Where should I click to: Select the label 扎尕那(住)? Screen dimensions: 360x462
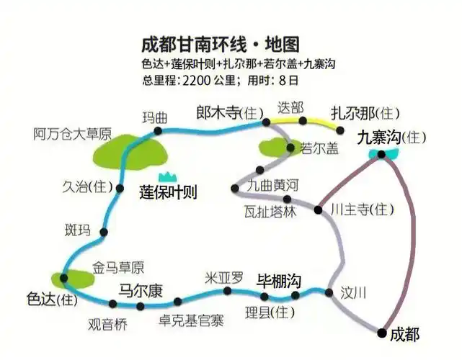point(365,113)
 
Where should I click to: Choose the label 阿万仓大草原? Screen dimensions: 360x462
point(73,133)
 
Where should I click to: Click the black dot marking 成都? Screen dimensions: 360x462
point(382,332)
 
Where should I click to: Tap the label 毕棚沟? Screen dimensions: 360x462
point(278,281)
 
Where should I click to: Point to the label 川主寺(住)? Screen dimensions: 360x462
point(363,210)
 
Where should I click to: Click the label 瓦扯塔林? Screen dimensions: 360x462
point(270,212)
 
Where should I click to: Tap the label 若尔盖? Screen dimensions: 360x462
point(319,148)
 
